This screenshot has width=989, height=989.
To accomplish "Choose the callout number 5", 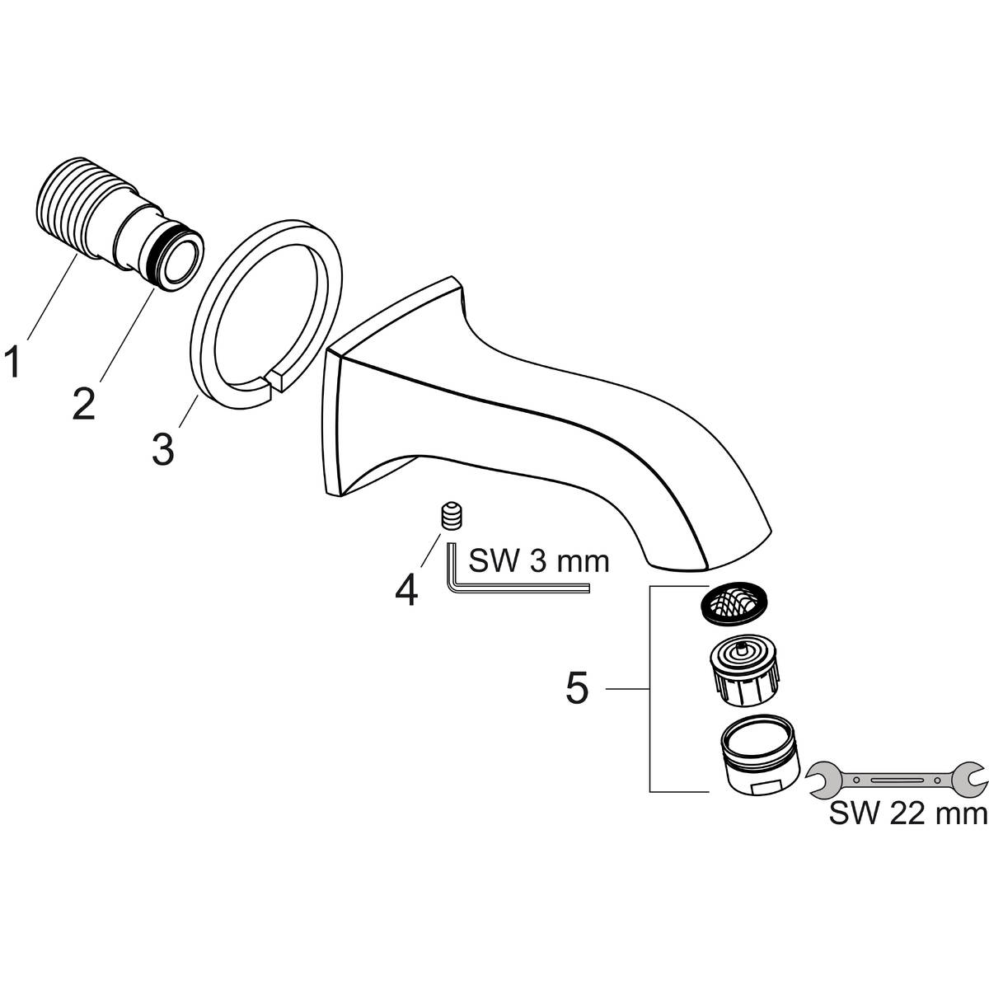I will (577, 688).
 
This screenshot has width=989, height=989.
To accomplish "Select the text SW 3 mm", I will (538, 562).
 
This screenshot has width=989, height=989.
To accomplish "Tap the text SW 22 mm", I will (907, 815).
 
